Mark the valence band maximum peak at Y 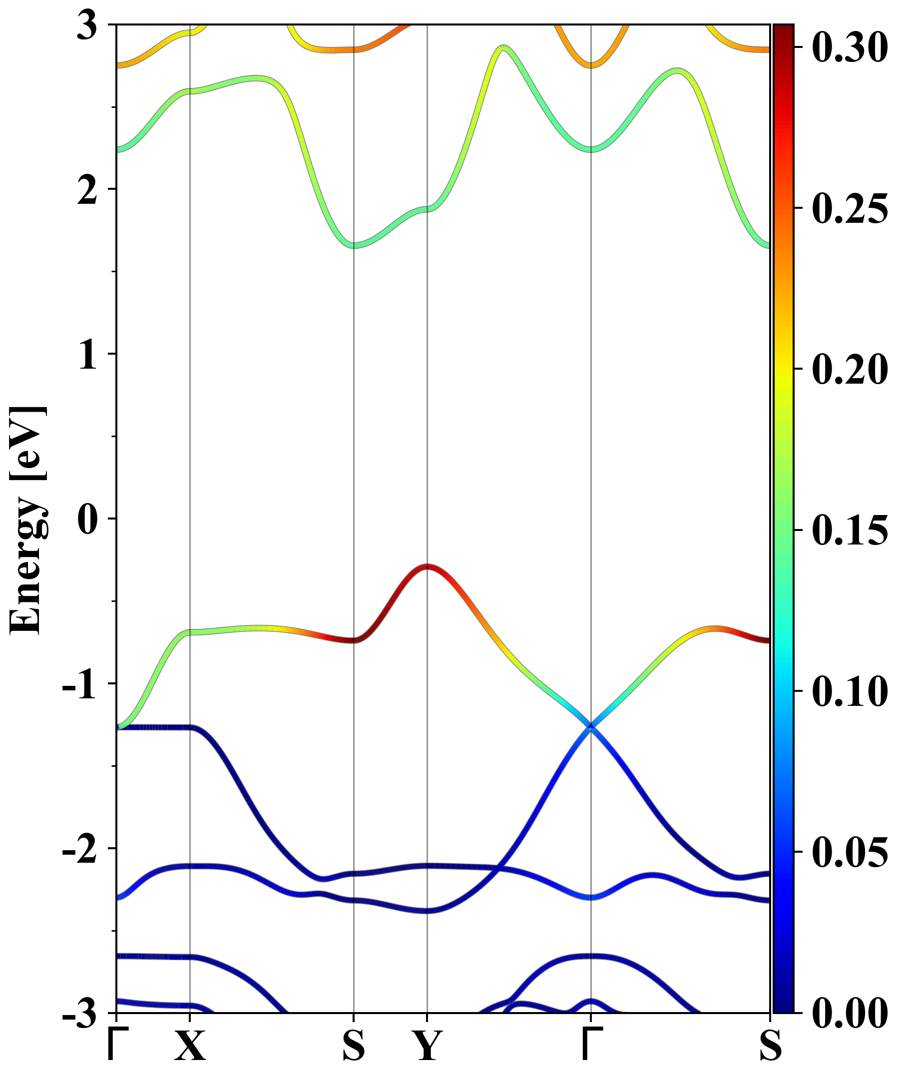(427, 566)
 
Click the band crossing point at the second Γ (591, 726)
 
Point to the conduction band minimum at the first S (354, 245)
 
